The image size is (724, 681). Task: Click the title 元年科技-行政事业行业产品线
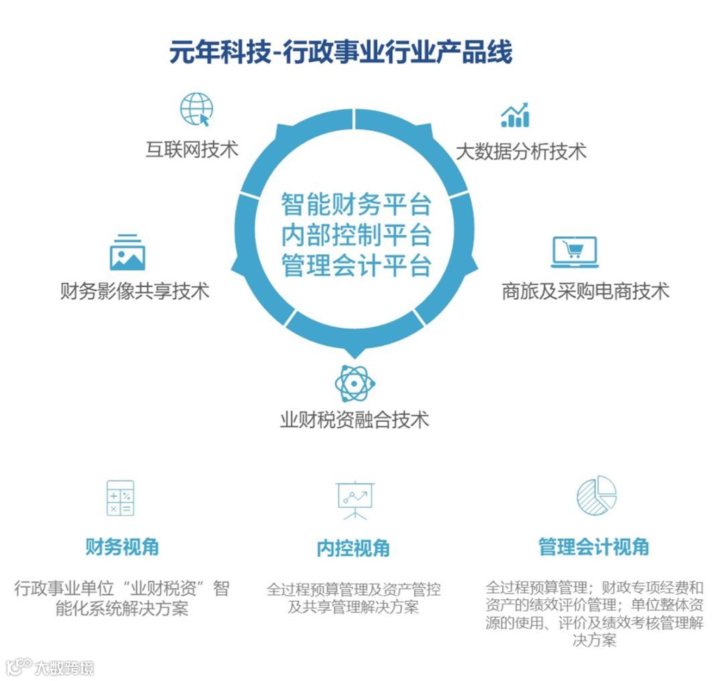coord(341,52)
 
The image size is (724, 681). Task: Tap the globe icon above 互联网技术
coord(196,109)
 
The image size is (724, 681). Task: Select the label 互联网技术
coord(192,148)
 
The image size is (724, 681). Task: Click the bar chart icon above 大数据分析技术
coord(515,115)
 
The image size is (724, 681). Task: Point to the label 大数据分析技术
coord(521,151)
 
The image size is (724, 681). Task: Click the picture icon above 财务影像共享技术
coord(127,252)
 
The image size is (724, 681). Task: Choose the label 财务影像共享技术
coord(135,291)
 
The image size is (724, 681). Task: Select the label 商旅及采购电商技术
coord(585,291)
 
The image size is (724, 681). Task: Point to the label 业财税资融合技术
coord(355,420)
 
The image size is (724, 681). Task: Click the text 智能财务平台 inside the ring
coord(355,204)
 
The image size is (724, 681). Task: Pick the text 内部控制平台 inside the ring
coord(355,235)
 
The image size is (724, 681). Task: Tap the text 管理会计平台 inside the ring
coord(355,266)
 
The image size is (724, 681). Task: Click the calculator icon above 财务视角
coord(121,498)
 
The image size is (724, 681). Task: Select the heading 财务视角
coord(122,547)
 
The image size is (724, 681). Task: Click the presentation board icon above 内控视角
coord(355,500)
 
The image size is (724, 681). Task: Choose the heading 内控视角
coord(353,548)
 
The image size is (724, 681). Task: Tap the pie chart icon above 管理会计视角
coord(596,496)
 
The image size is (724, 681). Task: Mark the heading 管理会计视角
coord(594,547)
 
